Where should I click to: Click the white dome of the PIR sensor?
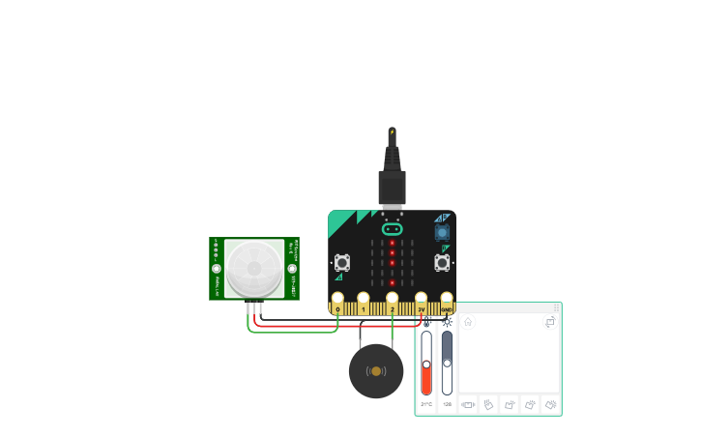[254, 268]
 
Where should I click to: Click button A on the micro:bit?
[342, 263]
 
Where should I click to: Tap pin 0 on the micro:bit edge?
[337, 298]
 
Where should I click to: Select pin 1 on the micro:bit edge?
[364, 298]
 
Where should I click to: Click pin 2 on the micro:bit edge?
[392, 298]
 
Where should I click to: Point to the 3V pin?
[421, 298]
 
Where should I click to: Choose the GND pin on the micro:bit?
[447, 298]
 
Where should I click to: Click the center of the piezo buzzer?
[376, 371]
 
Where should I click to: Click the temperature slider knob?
[426, 365]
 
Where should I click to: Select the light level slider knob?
[447, 363]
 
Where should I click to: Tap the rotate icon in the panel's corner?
[550, 322]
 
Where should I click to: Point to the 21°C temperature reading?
[426, 404]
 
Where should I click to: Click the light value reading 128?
[447, 404]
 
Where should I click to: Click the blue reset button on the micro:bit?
[442, 232]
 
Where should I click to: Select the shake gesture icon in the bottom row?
[468, 404]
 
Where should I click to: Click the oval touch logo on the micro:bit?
[392, 229]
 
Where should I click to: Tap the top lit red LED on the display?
[392, 243]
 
